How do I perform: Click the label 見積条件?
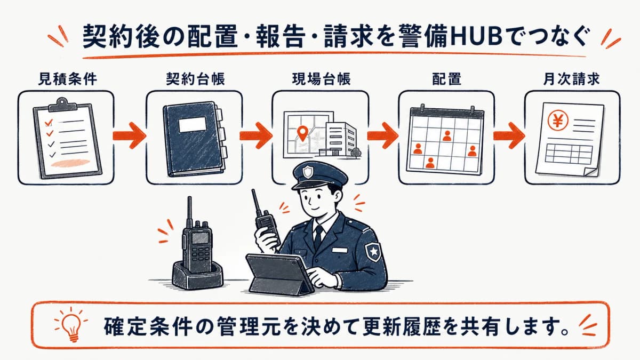click(x=67, y=79)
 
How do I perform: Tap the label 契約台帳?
click(x=195, y=79)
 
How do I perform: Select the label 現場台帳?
click(x=321, y=79)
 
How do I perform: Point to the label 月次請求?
click(x=571, y=79)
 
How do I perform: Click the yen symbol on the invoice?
click(x=558, y=121)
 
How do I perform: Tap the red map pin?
click(x=302, y=133)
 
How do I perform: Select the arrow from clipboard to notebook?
click(x=130, y=135)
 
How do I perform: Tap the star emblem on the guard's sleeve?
click(x=373, y=251)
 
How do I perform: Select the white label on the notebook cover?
click(x=193, y=125)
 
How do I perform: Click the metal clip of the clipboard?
click(x=62, y=105)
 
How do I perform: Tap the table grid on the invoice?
click(x=569, y=154)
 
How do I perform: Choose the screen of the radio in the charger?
click(x=201, y=238)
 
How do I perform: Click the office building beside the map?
click(x=341, y=139)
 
